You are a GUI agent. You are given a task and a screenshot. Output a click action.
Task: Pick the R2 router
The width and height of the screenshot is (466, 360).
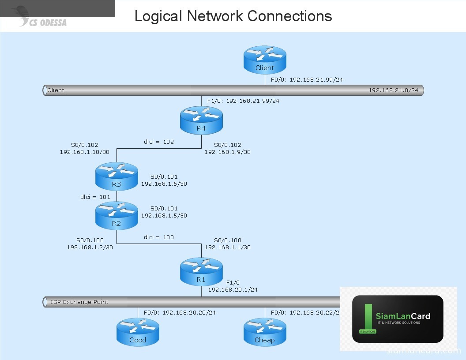[x=116, y=216]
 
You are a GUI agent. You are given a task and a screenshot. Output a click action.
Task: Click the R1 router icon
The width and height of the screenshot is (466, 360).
[x=201, y=272]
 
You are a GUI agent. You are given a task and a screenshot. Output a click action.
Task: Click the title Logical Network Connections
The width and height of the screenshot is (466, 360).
[x=233, y=16]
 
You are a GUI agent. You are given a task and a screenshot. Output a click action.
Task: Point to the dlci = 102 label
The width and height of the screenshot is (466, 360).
[x=159, y=142]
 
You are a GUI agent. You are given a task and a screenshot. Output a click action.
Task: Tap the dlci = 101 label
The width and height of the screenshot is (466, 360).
[x=95, y=197]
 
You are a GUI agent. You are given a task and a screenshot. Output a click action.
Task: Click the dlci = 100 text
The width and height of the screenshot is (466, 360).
[x=159, y=237]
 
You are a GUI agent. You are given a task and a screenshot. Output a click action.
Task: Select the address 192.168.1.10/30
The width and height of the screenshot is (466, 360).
[x=85, y=152]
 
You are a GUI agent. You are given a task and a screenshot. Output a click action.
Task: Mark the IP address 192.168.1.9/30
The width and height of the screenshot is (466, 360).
[x=227, y=152]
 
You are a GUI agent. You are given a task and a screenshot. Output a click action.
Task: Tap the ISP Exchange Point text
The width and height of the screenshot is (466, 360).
[x=79, y=302]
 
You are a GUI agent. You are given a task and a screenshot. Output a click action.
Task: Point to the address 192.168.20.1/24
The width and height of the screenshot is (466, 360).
[x=233, y=290]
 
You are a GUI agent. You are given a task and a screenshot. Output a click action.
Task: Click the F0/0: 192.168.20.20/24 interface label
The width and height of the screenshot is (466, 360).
[x=180, y=313]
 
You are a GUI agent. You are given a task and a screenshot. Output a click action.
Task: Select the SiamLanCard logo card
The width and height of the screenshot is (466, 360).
[x=398, y=319]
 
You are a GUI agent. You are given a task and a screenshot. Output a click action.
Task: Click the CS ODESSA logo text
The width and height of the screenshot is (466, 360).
[x=48, y=22]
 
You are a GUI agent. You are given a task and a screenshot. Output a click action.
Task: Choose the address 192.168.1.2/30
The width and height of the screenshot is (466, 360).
[x=90, y=247]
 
